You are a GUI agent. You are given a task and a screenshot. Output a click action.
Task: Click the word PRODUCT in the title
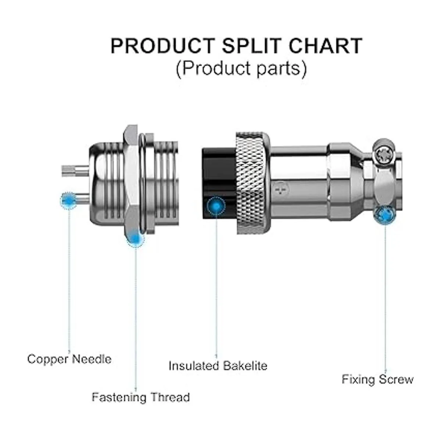point(162,46)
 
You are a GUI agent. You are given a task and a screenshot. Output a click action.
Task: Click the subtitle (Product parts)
point(241,68)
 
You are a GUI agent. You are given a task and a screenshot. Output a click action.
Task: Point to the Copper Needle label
point(69,359)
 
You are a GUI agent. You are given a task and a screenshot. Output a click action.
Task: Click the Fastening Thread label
point(141,397)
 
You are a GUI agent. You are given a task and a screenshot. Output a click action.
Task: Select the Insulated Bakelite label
point(218,366)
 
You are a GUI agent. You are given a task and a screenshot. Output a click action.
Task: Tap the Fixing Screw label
point(377,379)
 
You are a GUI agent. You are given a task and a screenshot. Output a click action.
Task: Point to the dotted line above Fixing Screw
point(386,294)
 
